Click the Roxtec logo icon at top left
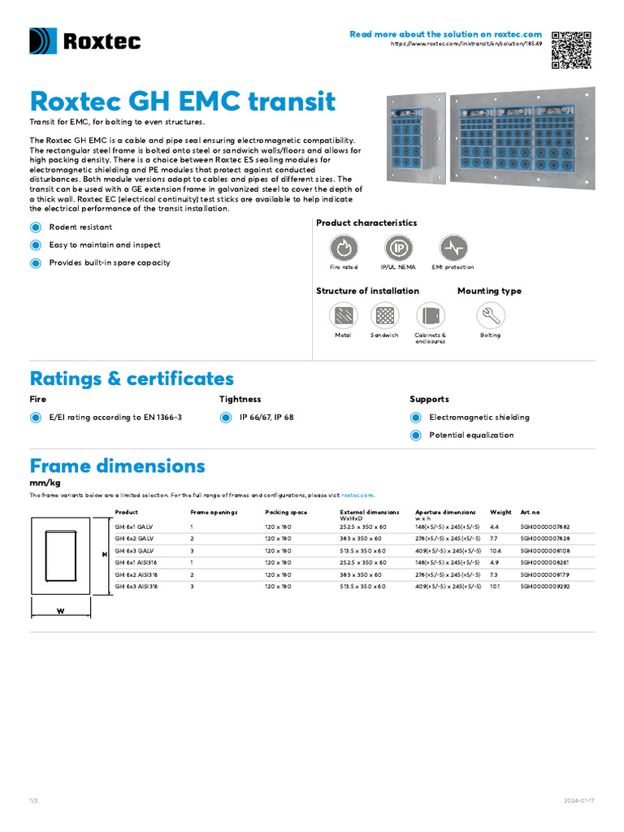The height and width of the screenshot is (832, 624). point(43,41)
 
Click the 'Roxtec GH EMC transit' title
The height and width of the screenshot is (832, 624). point(182,102)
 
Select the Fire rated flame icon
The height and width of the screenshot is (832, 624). point(343,248)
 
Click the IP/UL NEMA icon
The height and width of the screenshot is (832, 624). point(398,248)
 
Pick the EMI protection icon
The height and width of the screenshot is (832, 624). point(453,248)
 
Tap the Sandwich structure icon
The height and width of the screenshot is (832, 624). point(384,315)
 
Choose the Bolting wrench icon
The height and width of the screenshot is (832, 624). point(490,315)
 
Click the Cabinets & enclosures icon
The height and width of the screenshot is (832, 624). point(431,315)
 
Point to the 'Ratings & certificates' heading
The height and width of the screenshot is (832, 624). point(132,379)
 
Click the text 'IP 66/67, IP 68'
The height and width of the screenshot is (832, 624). point(266,418)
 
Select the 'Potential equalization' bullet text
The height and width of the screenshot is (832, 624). point(471,435)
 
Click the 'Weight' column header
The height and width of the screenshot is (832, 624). point(500,513)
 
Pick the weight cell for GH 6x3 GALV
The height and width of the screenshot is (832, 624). point(496,551)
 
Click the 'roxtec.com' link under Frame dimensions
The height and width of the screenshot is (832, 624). point(357,495)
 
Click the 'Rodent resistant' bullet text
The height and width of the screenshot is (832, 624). point(80,227)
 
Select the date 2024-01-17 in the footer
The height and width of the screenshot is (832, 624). point(579,801)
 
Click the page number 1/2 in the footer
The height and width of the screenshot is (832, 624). point(34,801)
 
